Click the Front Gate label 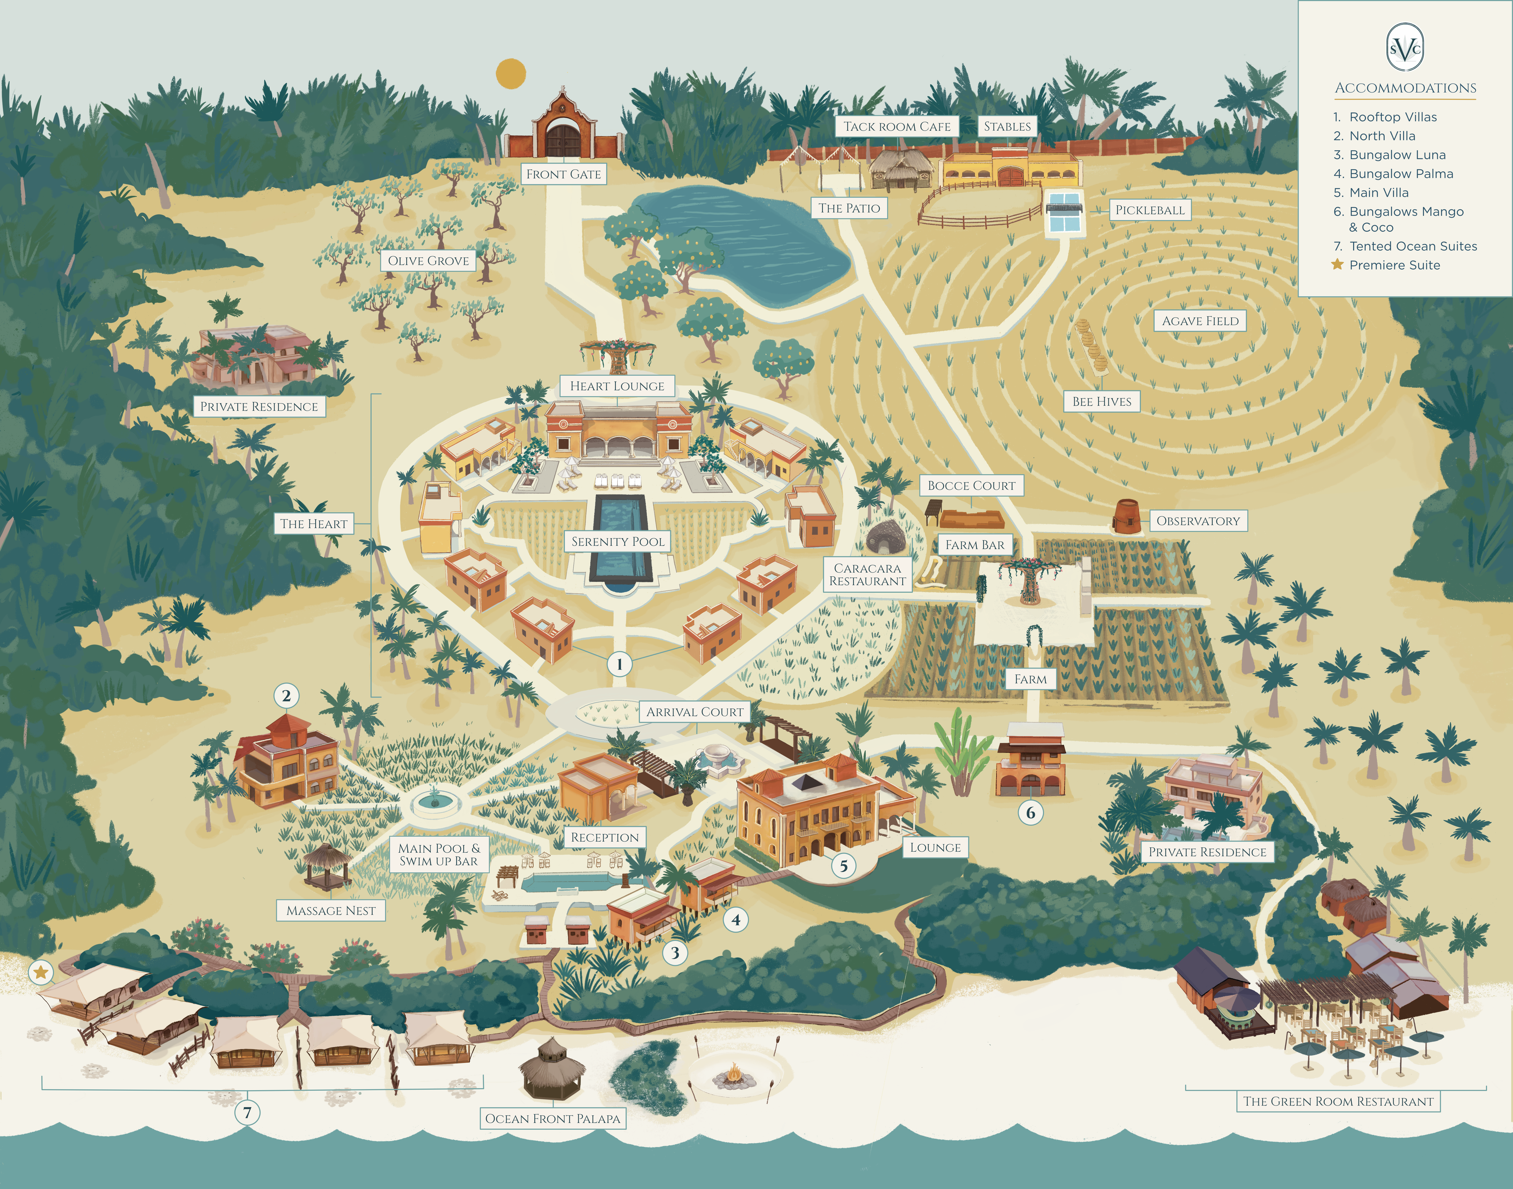coord(563,174)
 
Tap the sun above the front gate coord(510,74)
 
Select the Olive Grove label coord(428,260)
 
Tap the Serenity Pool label coord(618,542)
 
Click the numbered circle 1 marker coord(619,664)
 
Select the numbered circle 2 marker coord(286,695)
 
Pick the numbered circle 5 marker coord(843,866)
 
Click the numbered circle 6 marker coord(1031,812)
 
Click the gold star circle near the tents coord(41,972)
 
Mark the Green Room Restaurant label coord(1337,1101)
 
